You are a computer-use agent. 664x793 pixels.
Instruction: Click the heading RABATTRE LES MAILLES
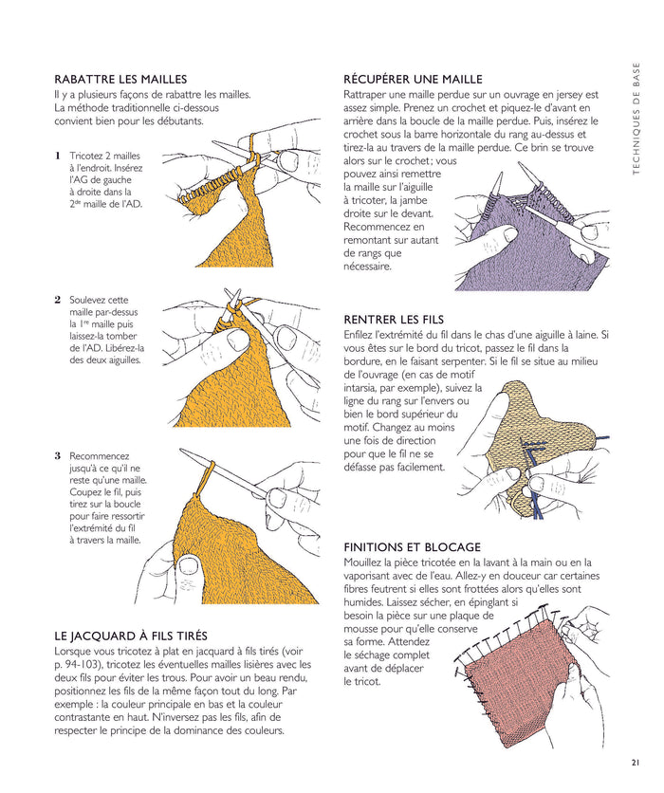coord(120,79)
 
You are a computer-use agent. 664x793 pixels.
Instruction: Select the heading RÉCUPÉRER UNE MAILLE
coord(413,79)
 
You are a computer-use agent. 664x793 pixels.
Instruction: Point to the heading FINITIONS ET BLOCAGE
coord(413,547)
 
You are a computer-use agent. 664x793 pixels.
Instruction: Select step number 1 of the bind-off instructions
coord(58,156)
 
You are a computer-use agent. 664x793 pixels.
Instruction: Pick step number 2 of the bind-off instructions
coord(58,299)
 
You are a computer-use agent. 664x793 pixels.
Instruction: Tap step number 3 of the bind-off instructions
coord(58,455)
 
